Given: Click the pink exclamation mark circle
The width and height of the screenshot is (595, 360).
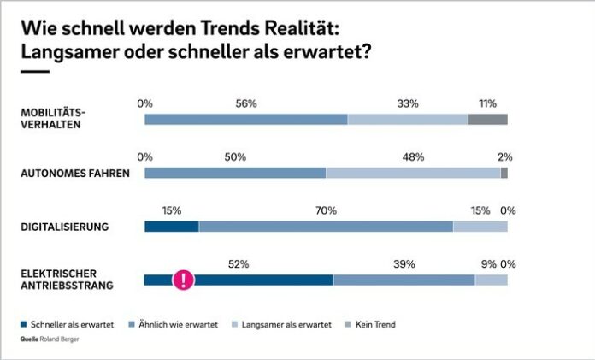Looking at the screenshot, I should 183,280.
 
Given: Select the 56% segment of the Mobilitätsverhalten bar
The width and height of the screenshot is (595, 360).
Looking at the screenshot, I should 246,119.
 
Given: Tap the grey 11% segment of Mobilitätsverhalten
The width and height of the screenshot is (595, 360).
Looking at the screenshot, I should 487,119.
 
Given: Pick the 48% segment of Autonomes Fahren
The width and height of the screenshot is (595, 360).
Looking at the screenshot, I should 413,173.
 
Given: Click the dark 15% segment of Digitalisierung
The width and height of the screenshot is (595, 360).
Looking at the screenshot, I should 171,227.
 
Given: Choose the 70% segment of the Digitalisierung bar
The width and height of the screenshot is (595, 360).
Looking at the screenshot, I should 326,227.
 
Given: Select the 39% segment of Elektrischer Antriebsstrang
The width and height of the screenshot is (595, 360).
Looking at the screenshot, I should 404,280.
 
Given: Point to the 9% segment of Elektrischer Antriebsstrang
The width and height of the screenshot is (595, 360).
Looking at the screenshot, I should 491,280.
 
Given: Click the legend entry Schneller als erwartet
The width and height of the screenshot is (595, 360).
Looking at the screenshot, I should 62,325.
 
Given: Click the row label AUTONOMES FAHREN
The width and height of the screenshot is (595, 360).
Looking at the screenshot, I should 74,173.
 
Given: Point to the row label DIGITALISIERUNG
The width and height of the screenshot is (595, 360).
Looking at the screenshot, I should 64,227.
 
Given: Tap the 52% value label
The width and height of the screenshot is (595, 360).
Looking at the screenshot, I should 239,264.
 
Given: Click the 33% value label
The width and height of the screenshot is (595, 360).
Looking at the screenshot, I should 408,103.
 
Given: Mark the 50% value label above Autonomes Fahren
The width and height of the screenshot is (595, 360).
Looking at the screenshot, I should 235,157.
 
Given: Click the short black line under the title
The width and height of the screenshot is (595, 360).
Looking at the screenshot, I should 34,72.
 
